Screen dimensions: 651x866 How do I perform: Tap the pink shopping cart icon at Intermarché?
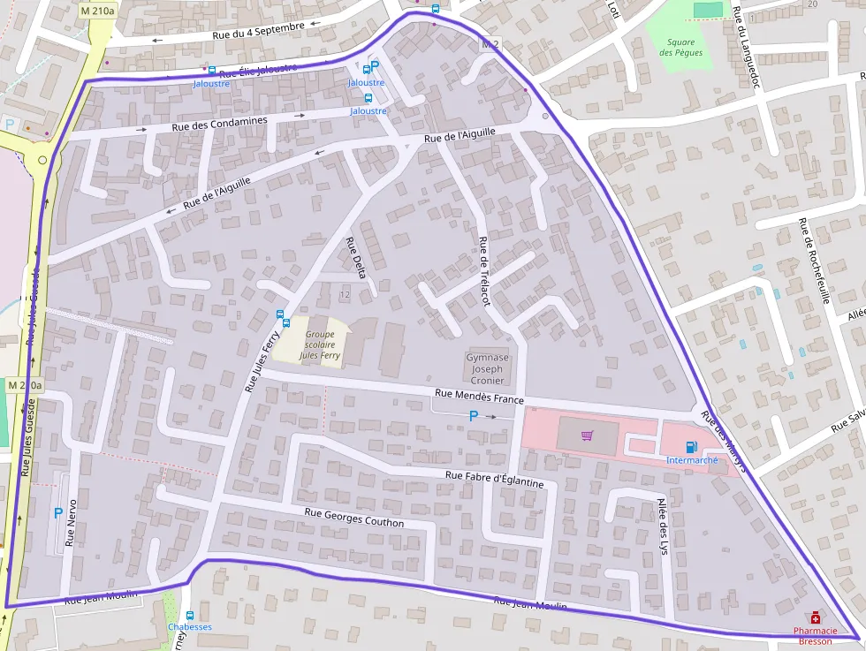coord(588,435)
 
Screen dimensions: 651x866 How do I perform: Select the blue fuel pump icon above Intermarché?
coord(691,447)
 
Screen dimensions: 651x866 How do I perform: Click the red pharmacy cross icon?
coord(815,618)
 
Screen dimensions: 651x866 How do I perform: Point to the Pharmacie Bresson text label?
coord(815,636)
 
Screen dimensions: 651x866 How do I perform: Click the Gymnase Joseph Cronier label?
coord(488,368)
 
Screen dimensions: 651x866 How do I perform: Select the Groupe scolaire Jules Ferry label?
coord(319,344)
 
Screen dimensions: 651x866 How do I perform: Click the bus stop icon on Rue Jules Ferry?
coord(281,314)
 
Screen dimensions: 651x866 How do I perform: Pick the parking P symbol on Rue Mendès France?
coord(474,415)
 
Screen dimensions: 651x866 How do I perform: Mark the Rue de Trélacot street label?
coord(483,271)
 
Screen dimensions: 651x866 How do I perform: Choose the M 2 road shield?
coord(490,43)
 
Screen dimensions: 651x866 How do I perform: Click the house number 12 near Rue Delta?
coord(344,293)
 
